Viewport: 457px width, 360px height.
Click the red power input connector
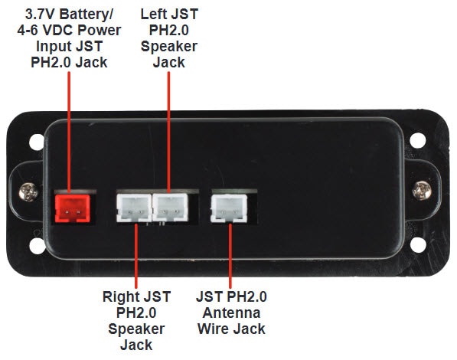(x=73, y=208)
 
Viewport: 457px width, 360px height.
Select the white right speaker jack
(x=134, y=208)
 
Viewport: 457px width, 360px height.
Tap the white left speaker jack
(x=170, y=207)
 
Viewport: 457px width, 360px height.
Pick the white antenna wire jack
(x=229, y=208)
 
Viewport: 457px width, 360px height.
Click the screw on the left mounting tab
(x=28, y=192)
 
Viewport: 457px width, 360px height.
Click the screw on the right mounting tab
(x=422, y=190)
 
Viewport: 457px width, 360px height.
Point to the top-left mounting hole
(x=37, y=142)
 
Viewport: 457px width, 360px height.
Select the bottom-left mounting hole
(x=38, y=246)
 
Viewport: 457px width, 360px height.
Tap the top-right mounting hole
(x=418, y=140)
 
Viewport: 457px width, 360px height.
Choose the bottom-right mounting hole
(x=418, y=244)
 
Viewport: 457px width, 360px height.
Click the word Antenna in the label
(x=231, y=313)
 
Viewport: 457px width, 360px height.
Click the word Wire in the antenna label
(x=214, y=329)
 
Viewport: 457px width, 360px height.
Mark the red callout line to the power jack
(x=69, y=133)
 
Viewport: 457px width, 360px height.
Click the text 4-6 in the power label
(x=27, y=31)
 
